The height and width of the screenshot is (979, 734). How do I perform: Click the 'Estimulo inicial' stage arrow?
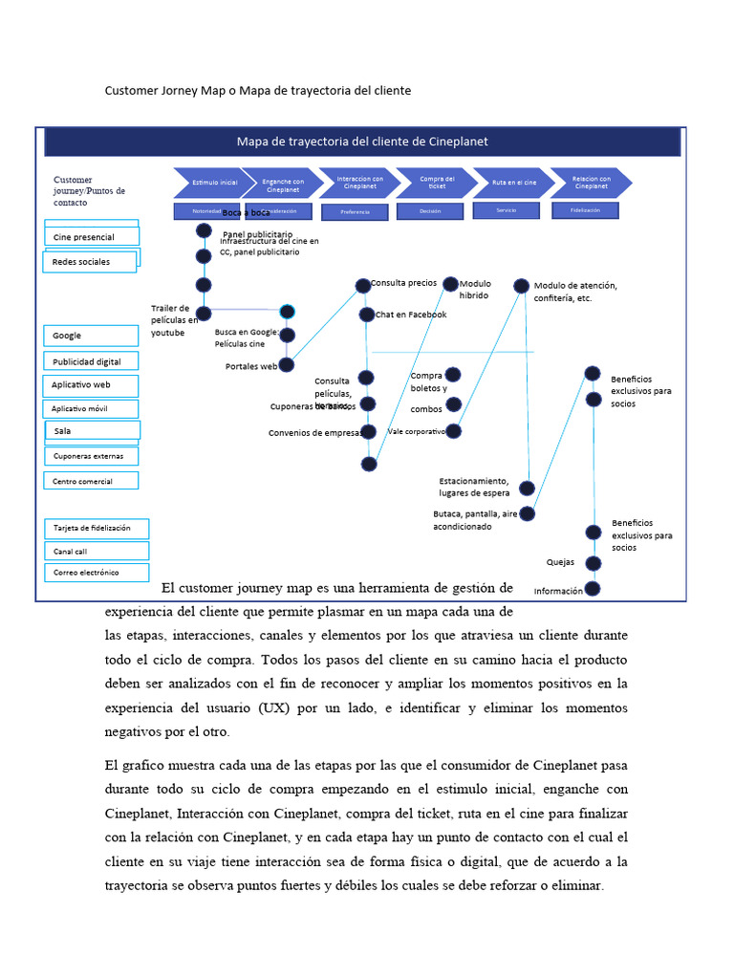tap(213, 183)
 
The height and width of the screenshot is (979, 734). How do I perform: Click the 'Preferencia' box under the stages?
tap(355, 211)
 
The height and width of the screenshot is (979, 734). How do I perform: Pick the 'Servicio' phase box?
tap(507, 210)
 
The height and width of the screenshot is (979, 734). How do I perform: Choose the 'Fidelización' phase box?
tap(585, 210)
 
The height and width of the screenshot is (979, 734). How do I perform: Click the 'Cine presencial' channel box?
tap(91, 236)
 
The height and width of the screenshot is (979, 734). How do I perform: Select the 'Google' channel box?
tap(91, 336)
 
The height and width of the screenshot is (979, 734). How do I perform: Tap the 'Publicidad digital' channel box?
tap(91, 361)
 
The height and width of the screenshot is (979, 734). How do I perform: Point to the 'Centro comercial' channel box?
tap(91, 481)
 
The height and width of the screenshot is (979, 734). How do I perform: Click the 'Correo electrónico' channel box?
tap(95, 573)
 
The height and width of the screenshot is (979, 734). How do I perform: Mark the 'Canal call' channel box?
tap(95, 552)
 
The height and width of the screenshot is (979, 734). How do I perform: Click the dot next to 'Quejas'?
tap(593, 563)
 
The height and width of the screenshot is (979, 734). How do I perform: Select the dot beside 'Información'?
tap(593, 589)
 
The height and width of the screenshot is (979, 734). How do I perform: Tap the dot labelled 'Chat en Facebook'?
tap(367, 315)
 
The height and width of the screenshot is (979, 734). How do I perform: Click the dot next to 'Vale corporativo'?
tap(454, 431)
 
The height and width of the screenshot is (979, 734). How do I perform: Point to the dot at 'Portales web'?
tap(286, 365)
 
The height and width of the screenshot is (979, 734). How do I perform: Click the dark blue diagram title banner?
tap(362, 141)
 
